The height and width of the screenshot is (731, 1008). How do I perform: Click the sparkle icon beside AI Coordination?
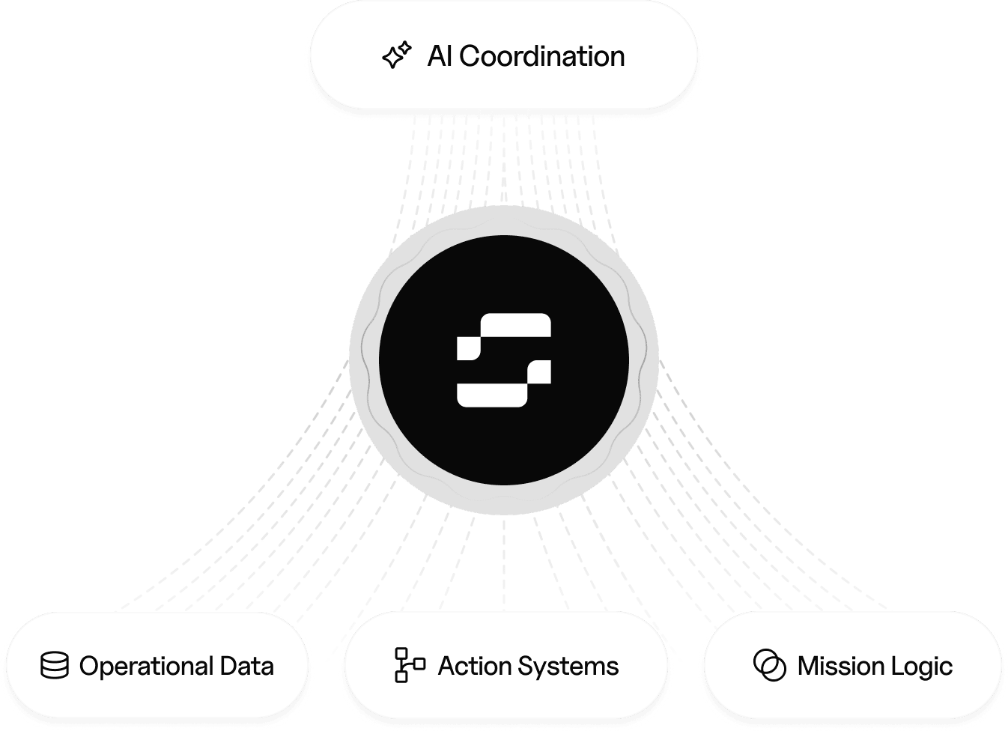point(397,55)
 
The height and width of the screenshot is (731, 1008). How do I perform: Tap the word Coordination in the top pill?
point(541,56)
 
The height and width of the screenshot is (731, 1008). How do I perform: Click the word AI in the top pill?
point(440,56)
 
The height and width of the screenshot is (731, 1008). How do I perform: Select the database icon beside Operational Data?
point(55,666)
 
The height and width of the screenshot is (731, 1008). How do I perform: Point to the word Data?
point(246,666)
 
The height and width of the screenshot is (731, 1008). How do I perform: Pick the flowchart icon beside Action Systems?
point(409,665)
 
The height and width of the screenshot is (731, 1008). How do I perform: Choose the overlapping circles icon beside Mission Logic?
point(769,665)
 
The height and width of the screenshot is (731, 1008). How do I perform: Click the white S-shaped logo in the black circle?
point(504,360)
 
